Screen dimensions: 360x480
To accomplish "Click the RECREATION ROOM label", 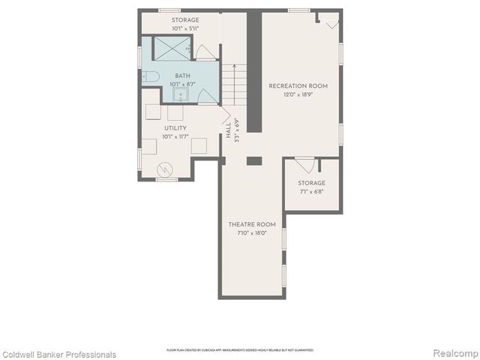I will tap(298, 86).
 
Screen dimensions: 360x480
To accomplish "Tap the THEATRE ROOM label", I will tap(252, 224).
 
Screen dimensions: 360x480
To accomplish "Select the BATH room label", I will tap(183, 76).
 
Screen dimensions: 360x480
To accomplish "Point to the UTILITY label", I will tap(175, 128).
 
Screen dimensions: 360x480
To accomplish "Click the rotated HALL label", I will tap(229, 130).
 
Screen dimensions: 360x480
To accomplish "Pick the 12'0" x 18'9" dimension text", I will tap(298, 94).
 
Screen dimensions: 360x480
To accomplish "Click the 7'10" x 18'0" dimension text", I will tap(252, 232).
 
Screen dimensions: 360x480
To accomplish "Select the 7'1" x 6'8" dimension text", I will tap(311, 191).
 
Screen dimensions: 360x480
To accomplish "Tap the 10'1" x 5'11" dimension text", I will tap(185, 28).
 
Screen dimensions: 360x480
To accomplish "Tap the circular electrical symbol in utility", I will tap(164, 169).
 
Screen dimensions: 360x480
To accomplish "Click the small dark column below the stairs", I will tap(253, 160).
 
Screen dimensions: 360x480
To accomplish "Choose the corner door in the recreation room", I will tap(329, 20).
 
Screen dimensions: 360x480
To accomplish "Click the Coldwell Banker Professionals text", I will tap(59, 354).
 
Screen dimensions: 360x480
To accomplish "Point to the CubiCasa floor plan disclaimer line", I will tap(240, 349).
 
